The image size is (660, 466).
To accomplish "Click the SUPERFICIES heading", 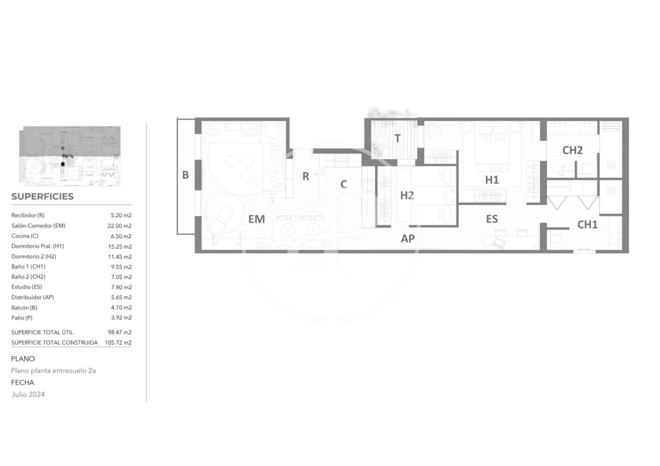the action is [42, 196].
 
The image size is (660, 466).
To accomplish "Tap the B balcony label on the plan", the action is [185, 175].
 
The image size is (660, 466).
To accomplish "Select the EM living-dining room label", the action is [256, 219].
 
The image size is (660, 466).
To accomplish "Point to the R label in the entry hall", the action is [306, 176].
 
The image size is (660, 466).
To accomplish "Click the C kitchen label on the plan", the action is [344, 184].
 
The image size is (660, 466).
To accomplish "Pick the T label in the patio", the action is [397, 138].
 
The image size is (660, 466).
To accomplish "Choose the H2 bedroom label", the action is [407, 195].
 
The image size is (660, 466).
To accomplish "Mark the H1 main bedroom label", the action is [492, 180].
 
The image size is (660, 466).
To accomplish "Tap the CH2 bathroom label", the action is [572, 150].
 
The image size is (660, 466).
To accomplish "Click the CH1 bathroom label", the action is [587, 225].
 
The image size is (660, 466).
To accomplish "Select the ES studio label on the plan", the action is [492, 219].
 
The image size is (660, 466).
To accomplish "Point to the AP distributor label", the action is [408, 238].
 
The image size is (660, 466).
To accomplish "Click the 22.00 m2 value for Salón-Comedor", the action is [120, 226].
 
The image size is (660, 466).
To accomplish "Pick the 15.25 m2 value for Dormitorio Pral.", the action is [120, 246].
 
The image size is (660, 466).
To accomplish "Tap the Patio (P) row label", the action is [22, 318].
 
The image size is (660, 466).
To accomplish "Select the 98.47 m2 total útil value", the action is [120, 332].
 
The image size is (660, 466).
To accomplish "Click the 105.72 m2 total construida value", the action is [118, 343].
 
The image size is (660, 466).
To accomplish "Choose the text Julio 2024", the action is [28, 394].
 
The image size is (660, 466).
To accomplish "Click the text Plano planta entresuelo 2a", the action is [54, 370].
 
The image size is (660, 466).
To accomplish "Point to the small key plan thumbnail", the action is [70, 156].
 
